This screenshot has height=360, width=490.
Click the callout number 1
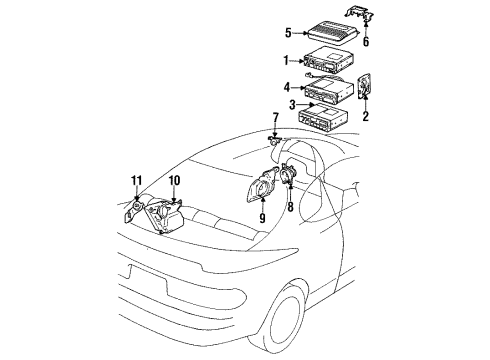coord(287,59)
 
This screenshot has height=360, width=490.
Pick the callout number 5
coord(288,31)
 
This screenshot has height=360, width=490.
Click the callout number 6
coord(366,42)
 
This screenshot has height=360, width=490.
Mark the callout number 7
coord(275,118)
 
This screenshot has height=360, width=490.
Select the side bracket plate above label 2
coord(368,87)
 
